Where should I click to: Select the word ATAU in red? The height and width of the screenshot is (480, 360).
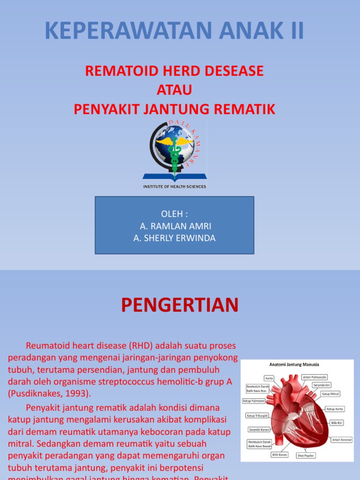(x=174, y=90)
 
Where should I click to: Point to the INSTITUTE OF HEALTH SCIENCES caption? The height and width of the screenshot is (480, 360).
(x=174, y=187)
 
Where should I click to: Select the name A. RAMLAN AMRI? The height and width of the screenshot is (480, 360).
(x=174, y=226)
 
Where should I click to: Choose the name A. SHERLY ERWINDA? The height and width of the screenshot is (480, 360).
(x=174, y=238)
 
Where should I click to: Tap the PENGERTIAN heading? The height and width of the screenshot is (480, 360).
(x=180, y=305)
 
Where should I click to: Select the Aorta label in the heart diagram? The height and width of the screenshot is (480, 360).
(x=269, y=378)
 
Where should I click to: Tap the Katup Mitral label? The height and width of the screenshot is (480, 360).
(x=330, y=394)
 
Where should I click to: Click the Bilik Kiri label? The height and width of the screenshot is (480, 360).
(x=337, y=422)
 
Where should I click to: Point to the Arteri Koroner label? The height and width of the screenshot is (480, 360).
(x=342, y=440)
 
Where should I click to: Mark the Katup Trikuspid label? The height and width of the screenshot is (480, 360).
(x=257, y=415)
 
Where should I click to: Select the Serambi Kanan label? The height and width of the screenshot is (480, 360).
(x=259, y=429)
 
